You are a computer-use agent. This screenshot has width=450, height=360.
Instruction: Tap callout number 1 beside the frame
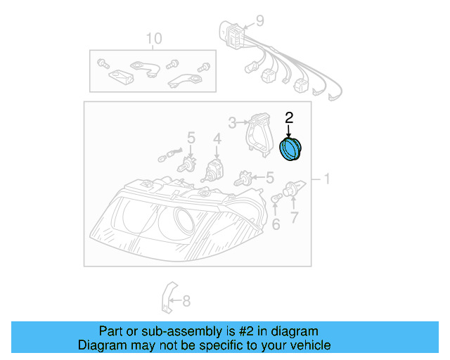coord(325,179)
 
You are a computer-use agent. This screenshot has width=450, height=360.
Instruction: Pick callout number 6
coord(276,225)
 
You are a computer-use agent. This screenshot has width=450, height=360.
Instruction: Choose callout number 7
coord(294,218)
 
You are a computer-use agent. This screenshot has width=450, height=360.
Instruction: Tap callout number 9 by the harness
coord(259,21)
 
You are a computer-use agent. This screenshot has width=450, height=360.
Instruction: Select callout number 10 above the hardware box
coord(153,38)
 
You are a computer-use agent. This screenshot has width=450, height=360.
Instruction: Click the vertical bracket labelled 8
coord(167,298)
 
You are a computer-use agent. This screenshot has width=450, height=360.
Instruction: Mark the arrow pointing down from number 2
coord(288,130)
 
